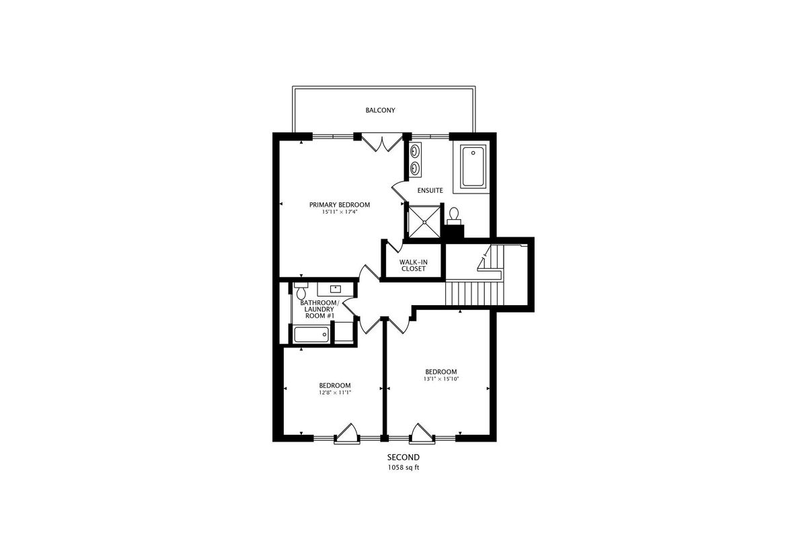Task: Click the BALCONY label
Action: (380, 110)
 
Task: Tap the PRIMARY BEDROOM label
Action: (340, 205)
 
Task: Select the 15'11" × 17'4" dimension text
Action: (340, 212)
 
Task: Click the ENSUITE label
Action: (430, 190)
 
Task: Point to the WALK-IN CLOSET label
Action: (414, 265)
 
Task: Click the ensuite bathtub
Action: (473, 166)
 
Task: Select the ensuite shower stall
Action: (424, 221)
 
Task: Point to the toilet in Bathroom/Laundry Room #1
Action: (301, 291)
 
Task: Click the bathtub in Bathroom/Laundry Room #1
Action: (311, 335)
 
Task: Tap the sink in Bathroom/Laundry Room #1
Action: (336, 289)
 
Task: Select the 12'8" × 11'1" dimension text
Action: (335, 392)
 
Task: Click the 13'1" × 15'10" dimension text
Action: (441, 378)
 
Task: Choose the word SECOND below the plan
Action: (403, 458)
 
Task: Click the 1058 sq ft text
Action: (403, 468)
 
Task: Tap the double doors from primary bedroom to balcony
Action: (382, 142)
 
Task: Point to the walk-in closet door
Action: (394, 247)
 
